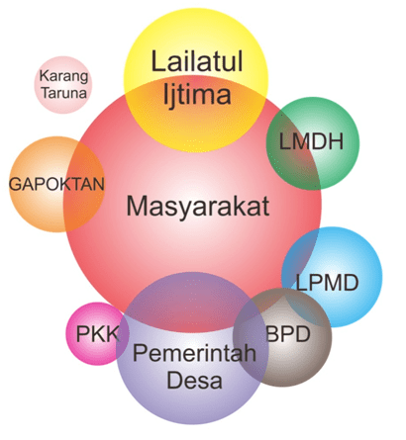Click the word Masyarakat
pyautogui.click(x=198, y=207)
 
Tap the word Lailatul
pyautogui.click(x=197, y=61)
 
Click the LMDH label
pyautogui.click(x=311, y=142)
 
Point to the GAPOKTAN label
pyautogui.click(x=56, y=184)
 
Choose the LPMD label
pyautogui.click(x=327, y=283)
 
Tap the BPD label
pyautogui.click(x=288, y=334)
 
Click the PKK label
pyautogui.click(x=97, y=334)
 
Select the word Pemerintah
pyautogui.click(x=195, y=353)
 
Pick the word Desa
pyautogui.click(x=194, y=380)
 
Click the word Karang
pyautogui.click(x=63, y=76)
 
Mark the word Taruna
pyautogui.click(x=63, y=93)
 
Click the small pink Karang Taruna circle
pyautogui.click(x=63, y=85)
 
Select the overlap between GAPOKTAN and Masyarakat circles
pyautogui.click(x=83, y=186)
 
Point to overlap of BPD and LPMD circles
pyautogui.click(x=307, y=308)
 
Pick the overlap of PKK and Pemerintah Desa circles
pyautogui.click(x=123, y=333)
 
